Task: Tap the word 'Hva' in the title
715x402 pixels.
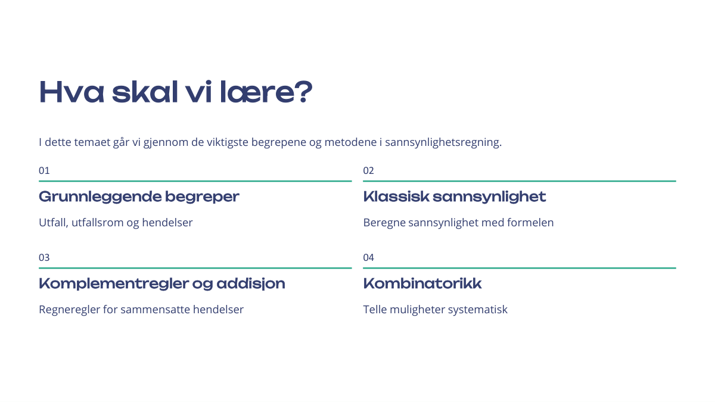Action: [71, 92]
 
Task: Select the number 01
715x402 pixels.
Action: [44, 170]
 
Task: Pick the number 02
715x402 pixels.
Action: [368, 170]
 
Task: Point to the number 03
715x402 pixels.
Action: [44, 257]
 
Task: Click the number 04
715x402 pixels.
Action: [368, 257]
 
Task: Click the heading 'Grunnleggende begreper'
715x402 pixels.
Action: [139, 197]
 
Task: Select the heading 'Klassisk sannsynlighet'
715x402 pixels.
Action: [455, 197]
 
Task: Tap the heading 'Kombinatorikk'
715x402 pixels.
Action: [422, 283]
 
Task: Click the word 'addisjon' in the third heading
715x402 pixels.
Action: [251, 284]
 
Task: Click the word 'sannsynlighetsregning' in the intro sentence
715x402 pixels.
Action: [443, 142]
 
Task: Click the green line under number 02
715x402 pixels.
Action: [520, 181]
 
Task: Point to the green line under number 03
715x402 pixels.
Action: [195, 268]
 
